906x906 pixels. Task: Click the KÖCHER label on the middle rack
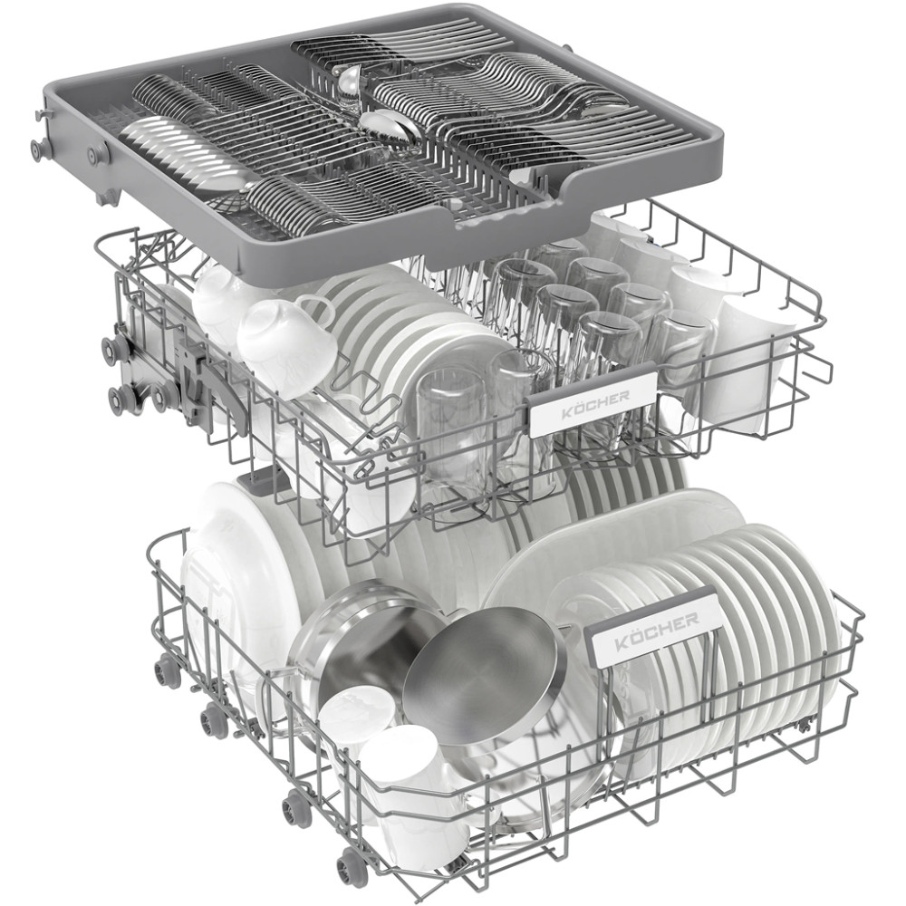[x=593, y=398]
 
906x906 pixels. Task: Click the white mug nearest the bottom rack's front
[x=404, y=792]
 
